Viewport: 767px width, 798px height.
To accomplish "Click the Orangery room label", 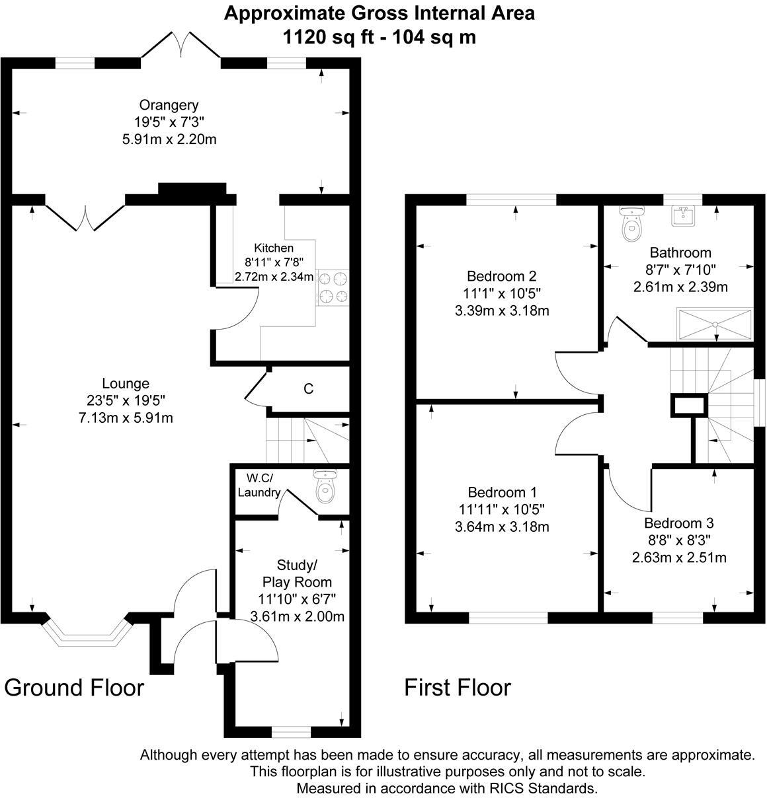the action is [x=169, y=105].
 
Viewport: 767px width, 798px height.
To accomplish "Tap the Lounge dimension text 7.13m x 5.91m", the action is [x=126, y=417].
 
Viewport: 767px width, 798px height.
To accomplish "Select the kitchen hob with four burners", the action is [x=333, y=288].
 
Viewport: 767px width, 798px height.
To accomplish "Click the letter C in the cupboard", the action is [x=308, y=389].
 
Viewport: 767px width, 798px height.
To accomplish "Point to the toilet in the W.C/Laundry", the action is [x=325, y=488].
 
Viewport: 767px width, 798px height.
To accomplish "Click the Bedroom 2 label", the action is [x=501, y=276].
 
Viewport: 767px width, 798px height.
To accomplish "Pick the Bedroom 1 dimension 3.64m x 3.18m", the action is [x=502, y=527].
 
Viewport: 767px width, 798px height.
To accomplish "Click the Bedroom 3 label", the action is [x=679, y=523].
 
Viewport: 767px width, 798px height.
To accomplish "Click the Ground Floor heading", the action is [x=74, y=688].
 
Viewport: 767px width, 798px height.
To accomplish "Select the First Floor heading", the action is [x=458, y=688].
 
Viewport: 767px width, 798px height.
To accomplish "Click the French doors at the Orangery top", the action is [x=181, y=47].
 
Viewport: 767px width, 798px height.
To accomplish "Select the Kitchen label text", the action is [x=274, y=248].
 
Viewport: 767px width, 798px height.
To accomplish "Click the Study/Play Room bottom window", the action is [x=291, y=731].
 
